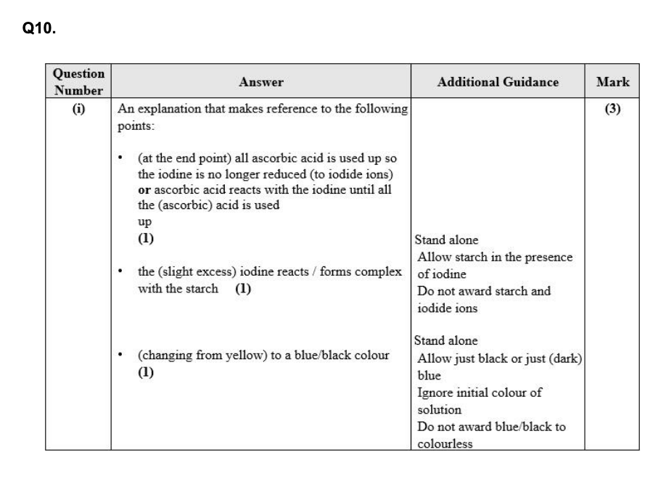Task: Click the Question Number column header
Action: pyautogui.click(x=78, y=82)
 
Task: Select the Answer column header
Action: pyautogui.click(x=261, y=83)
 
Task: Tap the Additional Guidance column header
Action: pyautogui.click(x=498, y=82)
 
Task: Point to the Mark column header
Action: pyautogui.click(x=612, y=82)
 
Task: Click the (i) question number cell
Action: pyautogui.click(x=78, y=110)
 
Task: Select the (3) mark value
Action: pyautogui.click(x=612, y=110)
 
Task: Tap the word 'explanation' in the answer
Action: pyautogui.click(x=166, y=110)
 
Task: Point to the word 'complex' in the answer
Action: pyautogui.click(x=382, y=272)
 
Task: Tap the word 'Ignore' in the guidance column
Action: pyautogui.click(x=435, y=393)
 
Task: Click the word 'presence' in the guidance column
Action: pyautogui.click(x=549, y=257)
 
